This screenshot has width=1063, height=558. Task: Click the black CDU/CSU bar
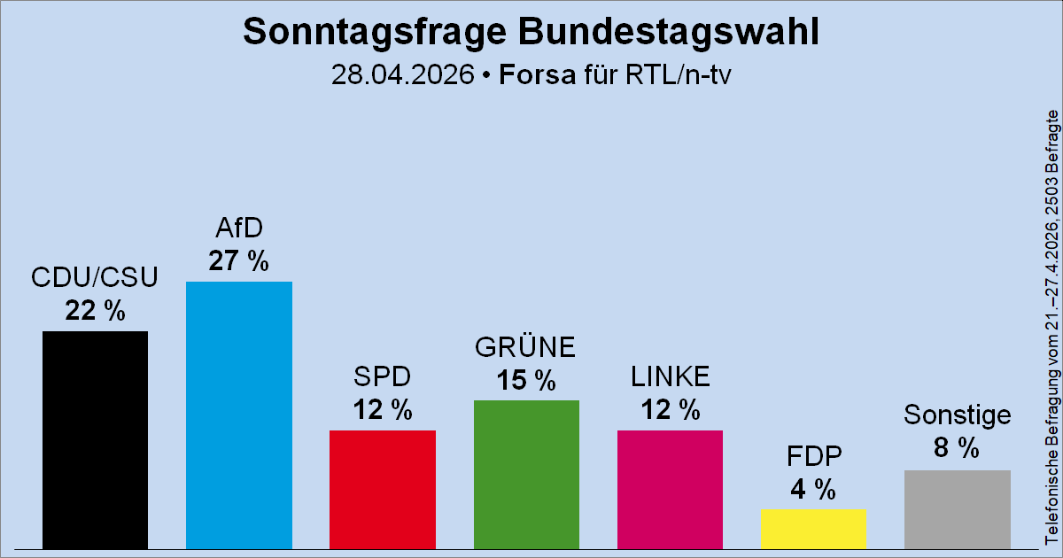95,439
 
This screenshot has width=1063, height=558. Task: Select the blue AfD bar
239,415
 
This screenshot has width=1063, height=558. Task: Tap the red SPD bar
383,489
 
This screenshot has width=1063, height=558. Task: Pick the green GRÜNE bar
526,474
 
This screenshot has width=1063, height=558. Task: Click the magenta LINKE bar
670,489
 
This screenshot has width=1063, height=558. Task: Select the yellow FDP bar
813,528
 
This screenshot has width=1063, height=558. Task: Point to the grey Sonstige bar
958,508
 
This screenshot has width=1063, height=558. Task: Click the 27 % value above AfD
239,261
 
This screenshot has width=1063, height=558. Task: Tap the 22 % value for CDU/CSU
95,311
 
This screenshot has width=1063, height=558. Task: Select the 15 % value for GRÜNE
526,380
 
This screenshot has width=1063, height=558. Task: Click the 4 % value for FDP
813,489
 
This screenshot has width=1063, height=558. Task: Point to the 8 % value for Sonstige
957,449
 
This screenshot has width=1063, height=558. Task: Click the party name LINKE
671,377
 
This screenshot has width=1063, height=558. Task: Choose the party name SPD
383,377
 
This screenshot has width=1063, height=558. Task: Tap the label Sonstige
958,415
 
